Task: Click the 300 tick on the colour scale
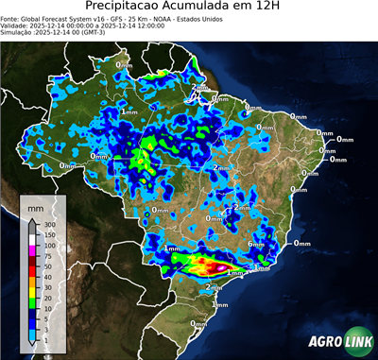point(48,223)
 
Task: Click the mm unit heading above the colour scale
point(34,205)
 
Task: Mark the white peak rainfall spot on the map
point(221,267)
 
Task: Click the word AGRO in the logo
point(327,342)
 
